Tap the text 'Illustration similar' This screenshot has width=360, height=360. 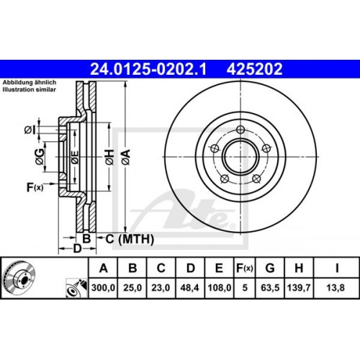32,91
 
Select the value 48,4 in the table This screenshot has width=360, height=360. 189,289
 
